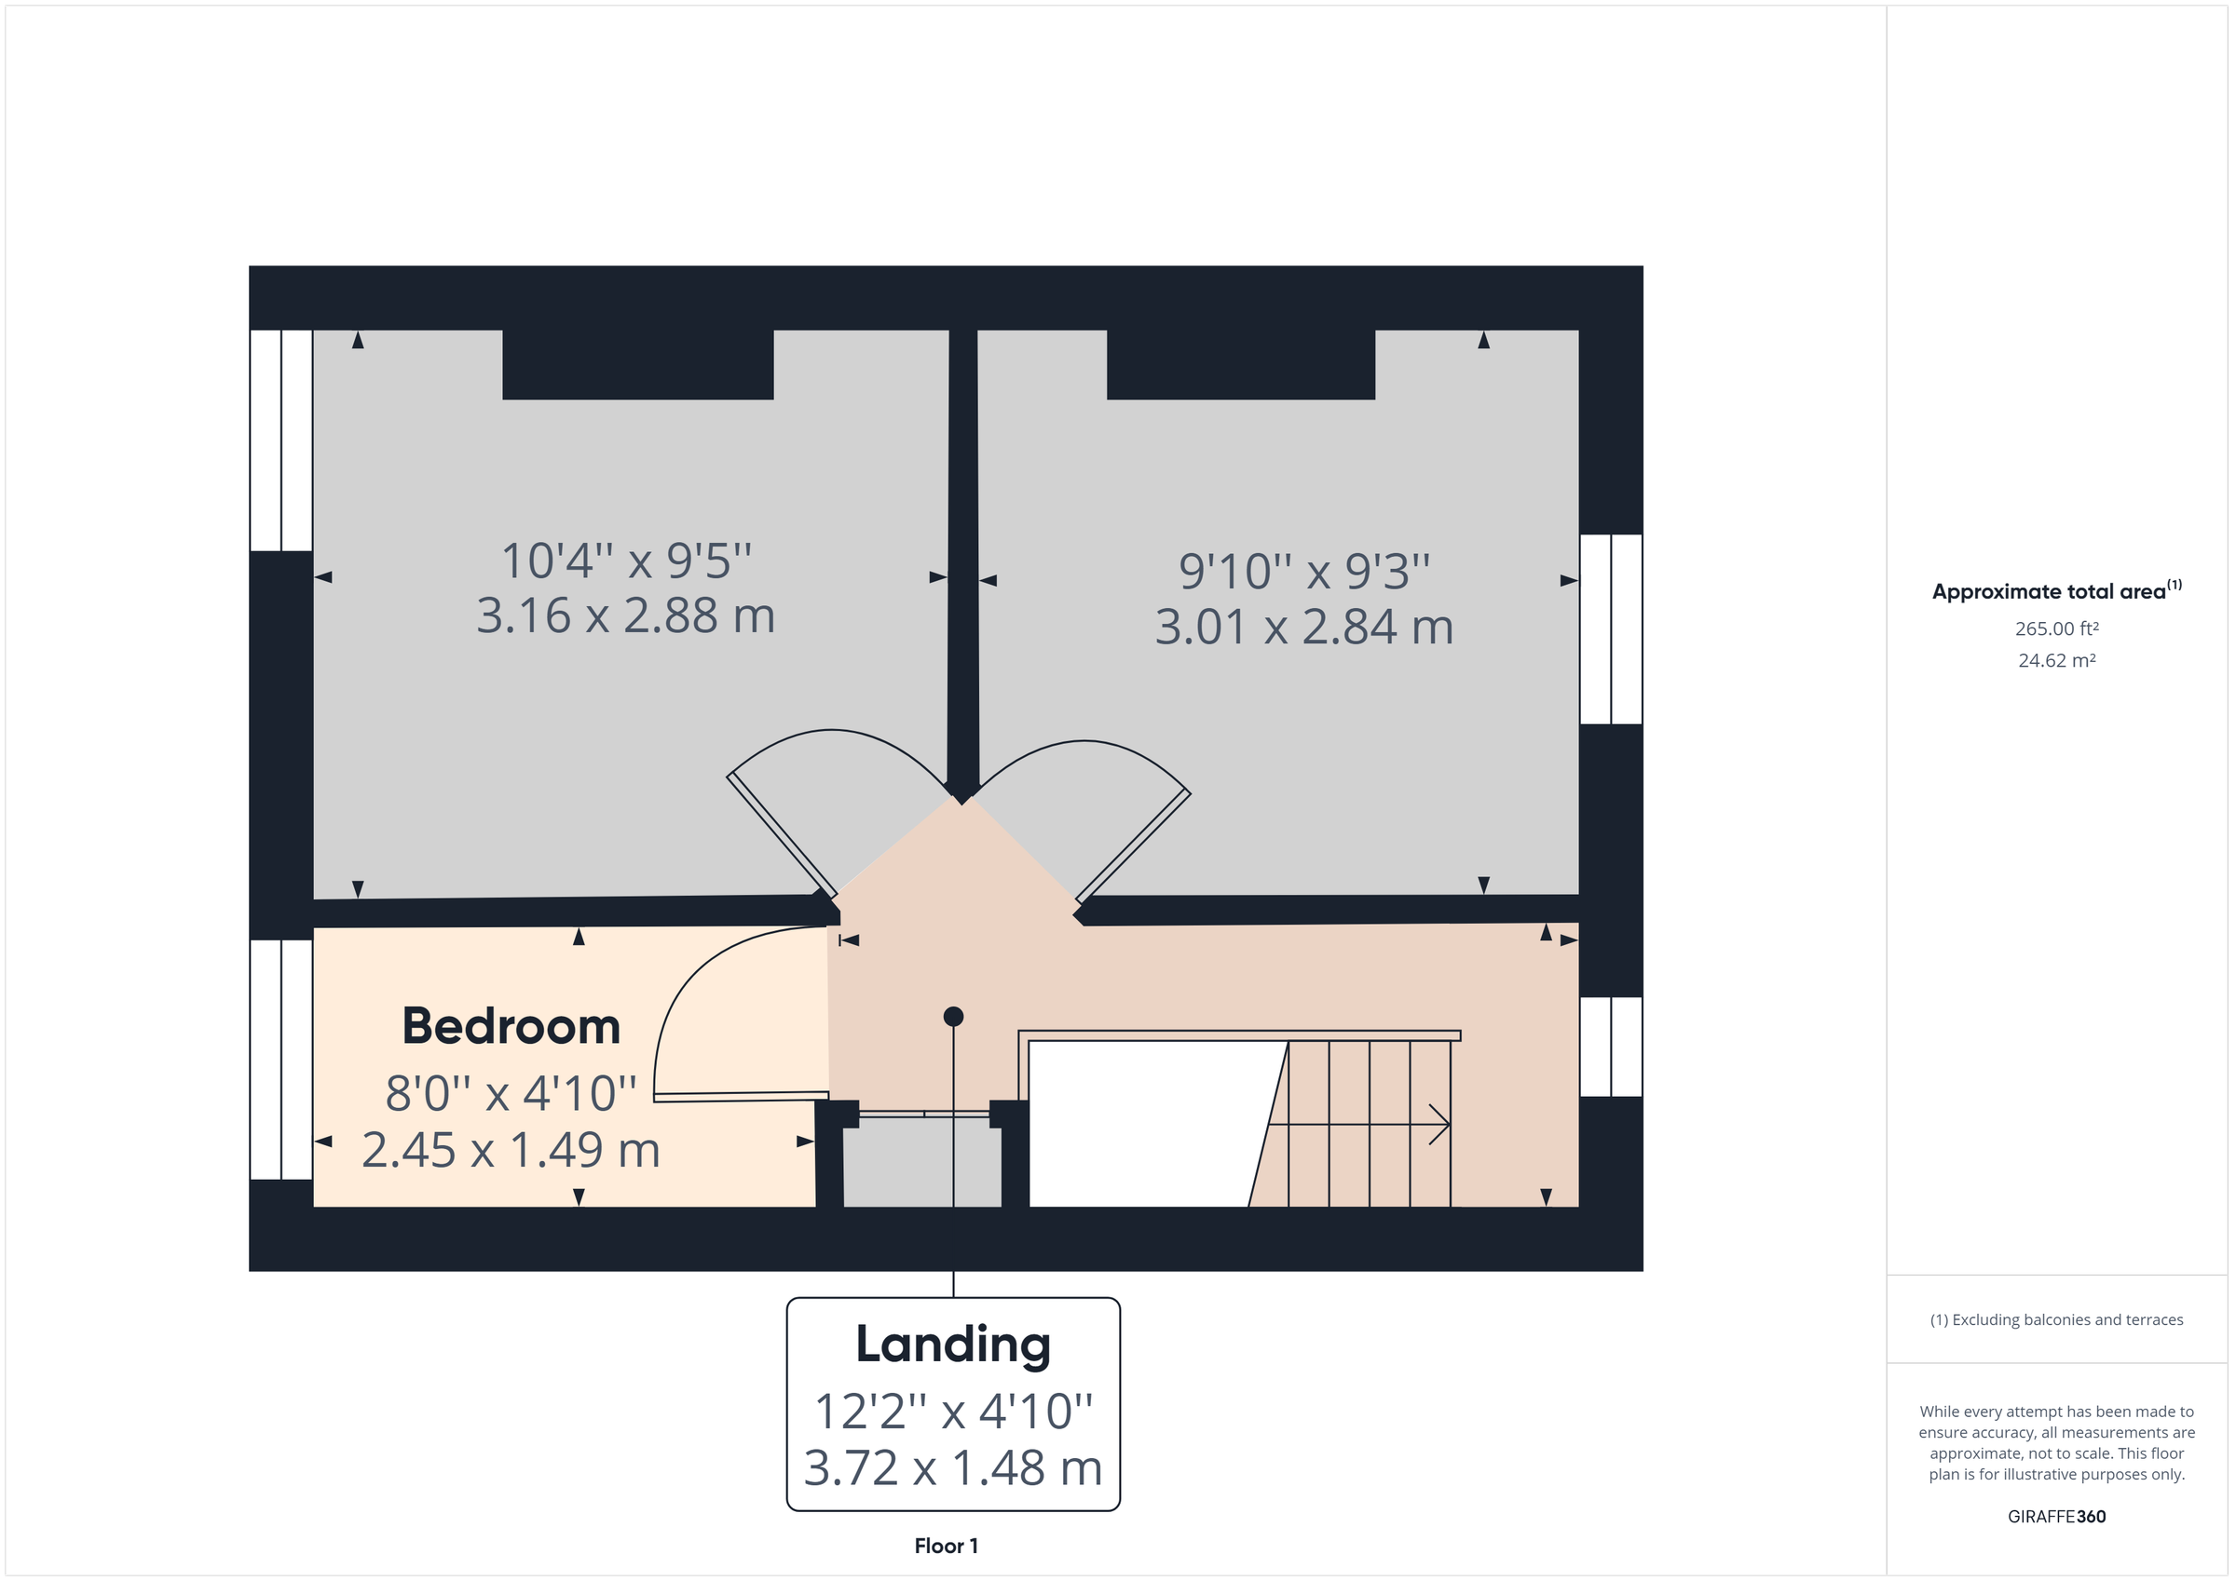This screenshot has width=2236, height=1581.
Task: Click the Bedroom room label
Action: (511, 1027)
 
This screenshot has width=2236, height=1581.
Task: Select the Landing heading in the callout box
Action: (952, 1345)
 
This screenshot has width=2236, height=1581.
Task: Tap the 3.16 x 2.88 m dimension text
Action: (625, 616)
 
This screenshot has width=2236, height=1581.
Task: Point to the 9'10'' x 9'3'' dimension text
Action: (1304, 572)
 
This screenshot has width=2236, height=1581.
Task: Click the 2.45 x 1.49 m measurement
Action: (511, 1151)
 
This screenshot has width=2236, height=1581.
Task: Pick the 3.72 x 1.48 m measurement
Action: (952, 1469)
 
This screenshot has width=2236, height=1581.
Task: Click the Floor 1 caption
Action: (946, 1546)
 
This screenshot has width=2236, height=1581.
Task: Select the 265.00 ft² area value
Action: (2056, 628)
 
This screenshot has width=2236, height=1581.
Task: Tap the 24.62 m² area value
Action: (2056, 661)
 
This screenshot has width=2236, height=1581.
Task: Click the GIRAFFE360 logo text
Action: (2056, 1517)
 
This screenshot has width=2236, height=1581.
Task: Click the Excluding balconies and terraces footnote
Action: (2056, 1320)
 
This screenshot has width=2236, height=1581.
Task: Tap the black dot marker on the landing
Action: (953, 1017)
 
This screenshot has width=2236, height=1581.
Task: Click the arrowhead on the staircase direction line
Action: (1442, 1125)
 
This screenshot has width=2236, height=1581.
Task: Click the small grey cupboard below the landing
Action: (921, 1163)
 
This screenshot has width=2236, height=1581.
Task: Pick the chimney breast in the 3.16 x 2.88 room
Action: (638, 364)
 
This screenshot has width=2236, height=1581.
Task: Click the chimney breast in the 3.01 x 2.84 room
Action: (1241, 364)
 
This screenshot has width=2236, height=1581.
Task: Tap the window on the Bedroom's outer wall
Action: (281, 1060)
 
